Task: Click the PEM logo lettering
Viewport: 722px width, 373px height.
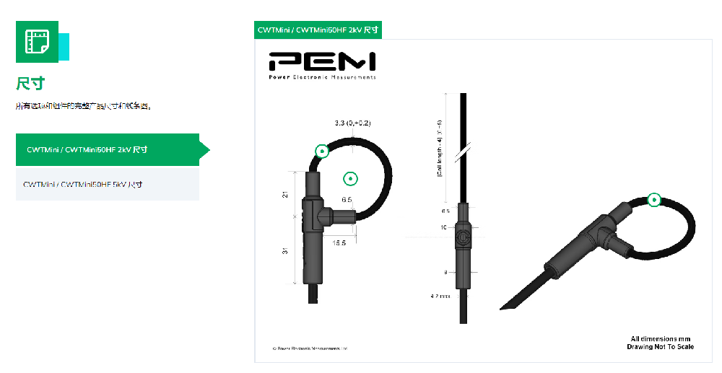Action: click(321, 61)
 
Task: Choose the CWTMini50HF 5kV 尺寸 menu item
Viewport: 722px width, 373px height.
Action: click(82, 184)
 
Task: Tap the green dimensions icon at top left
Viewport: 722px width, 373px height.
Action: click(38, 42)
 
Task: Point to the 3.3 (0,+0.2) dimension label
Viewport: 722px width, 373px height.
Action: click(352, 123)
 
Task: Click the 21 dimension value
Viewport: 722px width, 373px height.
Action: click(285, 194)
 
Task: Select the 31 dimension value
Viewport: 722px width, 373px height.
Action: click(285, 251)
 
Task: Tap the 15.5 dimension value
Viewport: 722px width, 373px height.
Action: click(339, 243)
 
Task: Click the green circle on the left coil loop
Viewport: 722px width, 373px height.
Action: click(322, 151)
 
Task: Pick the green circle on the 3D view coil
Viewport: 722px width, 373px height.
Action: click(654, 200)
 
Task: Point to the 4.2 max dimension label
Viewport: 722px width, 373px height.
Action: click(440, 296)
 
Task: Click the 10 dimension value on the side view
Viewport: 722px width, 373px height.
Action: click(445, 227)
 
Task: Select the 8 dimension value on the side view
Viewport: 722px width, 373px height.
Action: click(445, 272)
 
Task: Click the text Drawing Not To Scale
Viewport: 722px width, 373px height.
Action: click(660, 347)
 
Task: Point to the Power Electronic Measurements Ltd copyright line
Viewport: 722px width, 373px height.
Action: click(310, 348)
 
